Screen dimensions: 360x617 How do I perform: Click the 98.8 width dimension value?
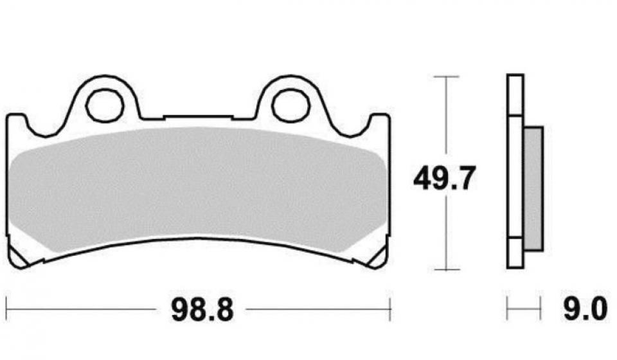(x=201, y=312)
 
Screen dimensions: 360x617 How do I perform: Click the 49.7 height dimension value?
(x=444, y=178)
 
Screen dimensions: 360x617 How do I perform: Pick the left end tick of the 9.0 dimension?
(x=508, y=309)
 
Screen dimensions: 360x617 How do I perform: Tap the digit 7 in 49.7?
(x=463, y=178)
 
